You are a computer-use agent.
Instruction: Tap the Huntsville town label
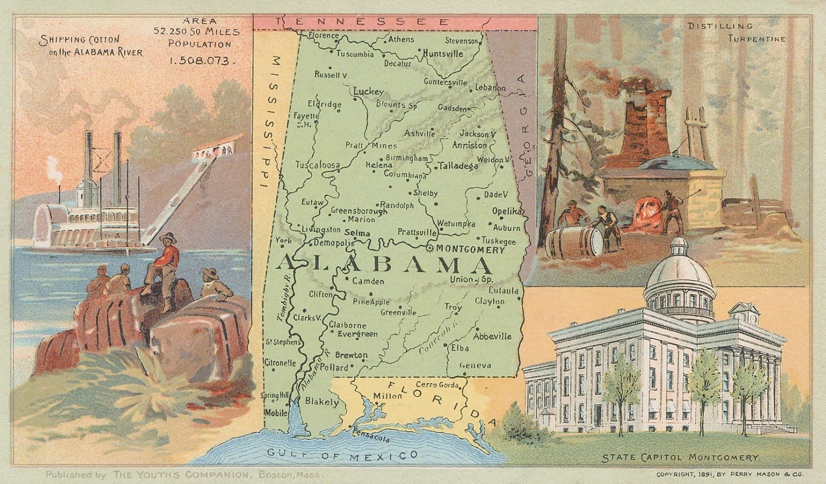[x=443, y=53]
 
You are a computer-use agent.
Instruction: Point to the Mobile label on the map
[x=276, y=413]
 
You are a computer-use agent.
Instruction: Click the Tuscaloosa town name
[x=317, y=165]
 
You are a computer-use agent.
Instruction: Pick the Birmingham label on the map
[x=407, y=158]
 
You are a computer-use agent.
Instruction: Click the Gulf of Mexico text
[x=342, y=455]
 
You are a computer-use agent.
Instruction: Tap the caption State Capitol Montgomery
[x=680, y=458]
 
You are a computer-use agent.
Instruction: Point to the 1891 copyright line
[x=733, y=474]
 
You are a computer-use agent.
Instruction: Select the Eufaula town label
[x=503, y=291]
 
